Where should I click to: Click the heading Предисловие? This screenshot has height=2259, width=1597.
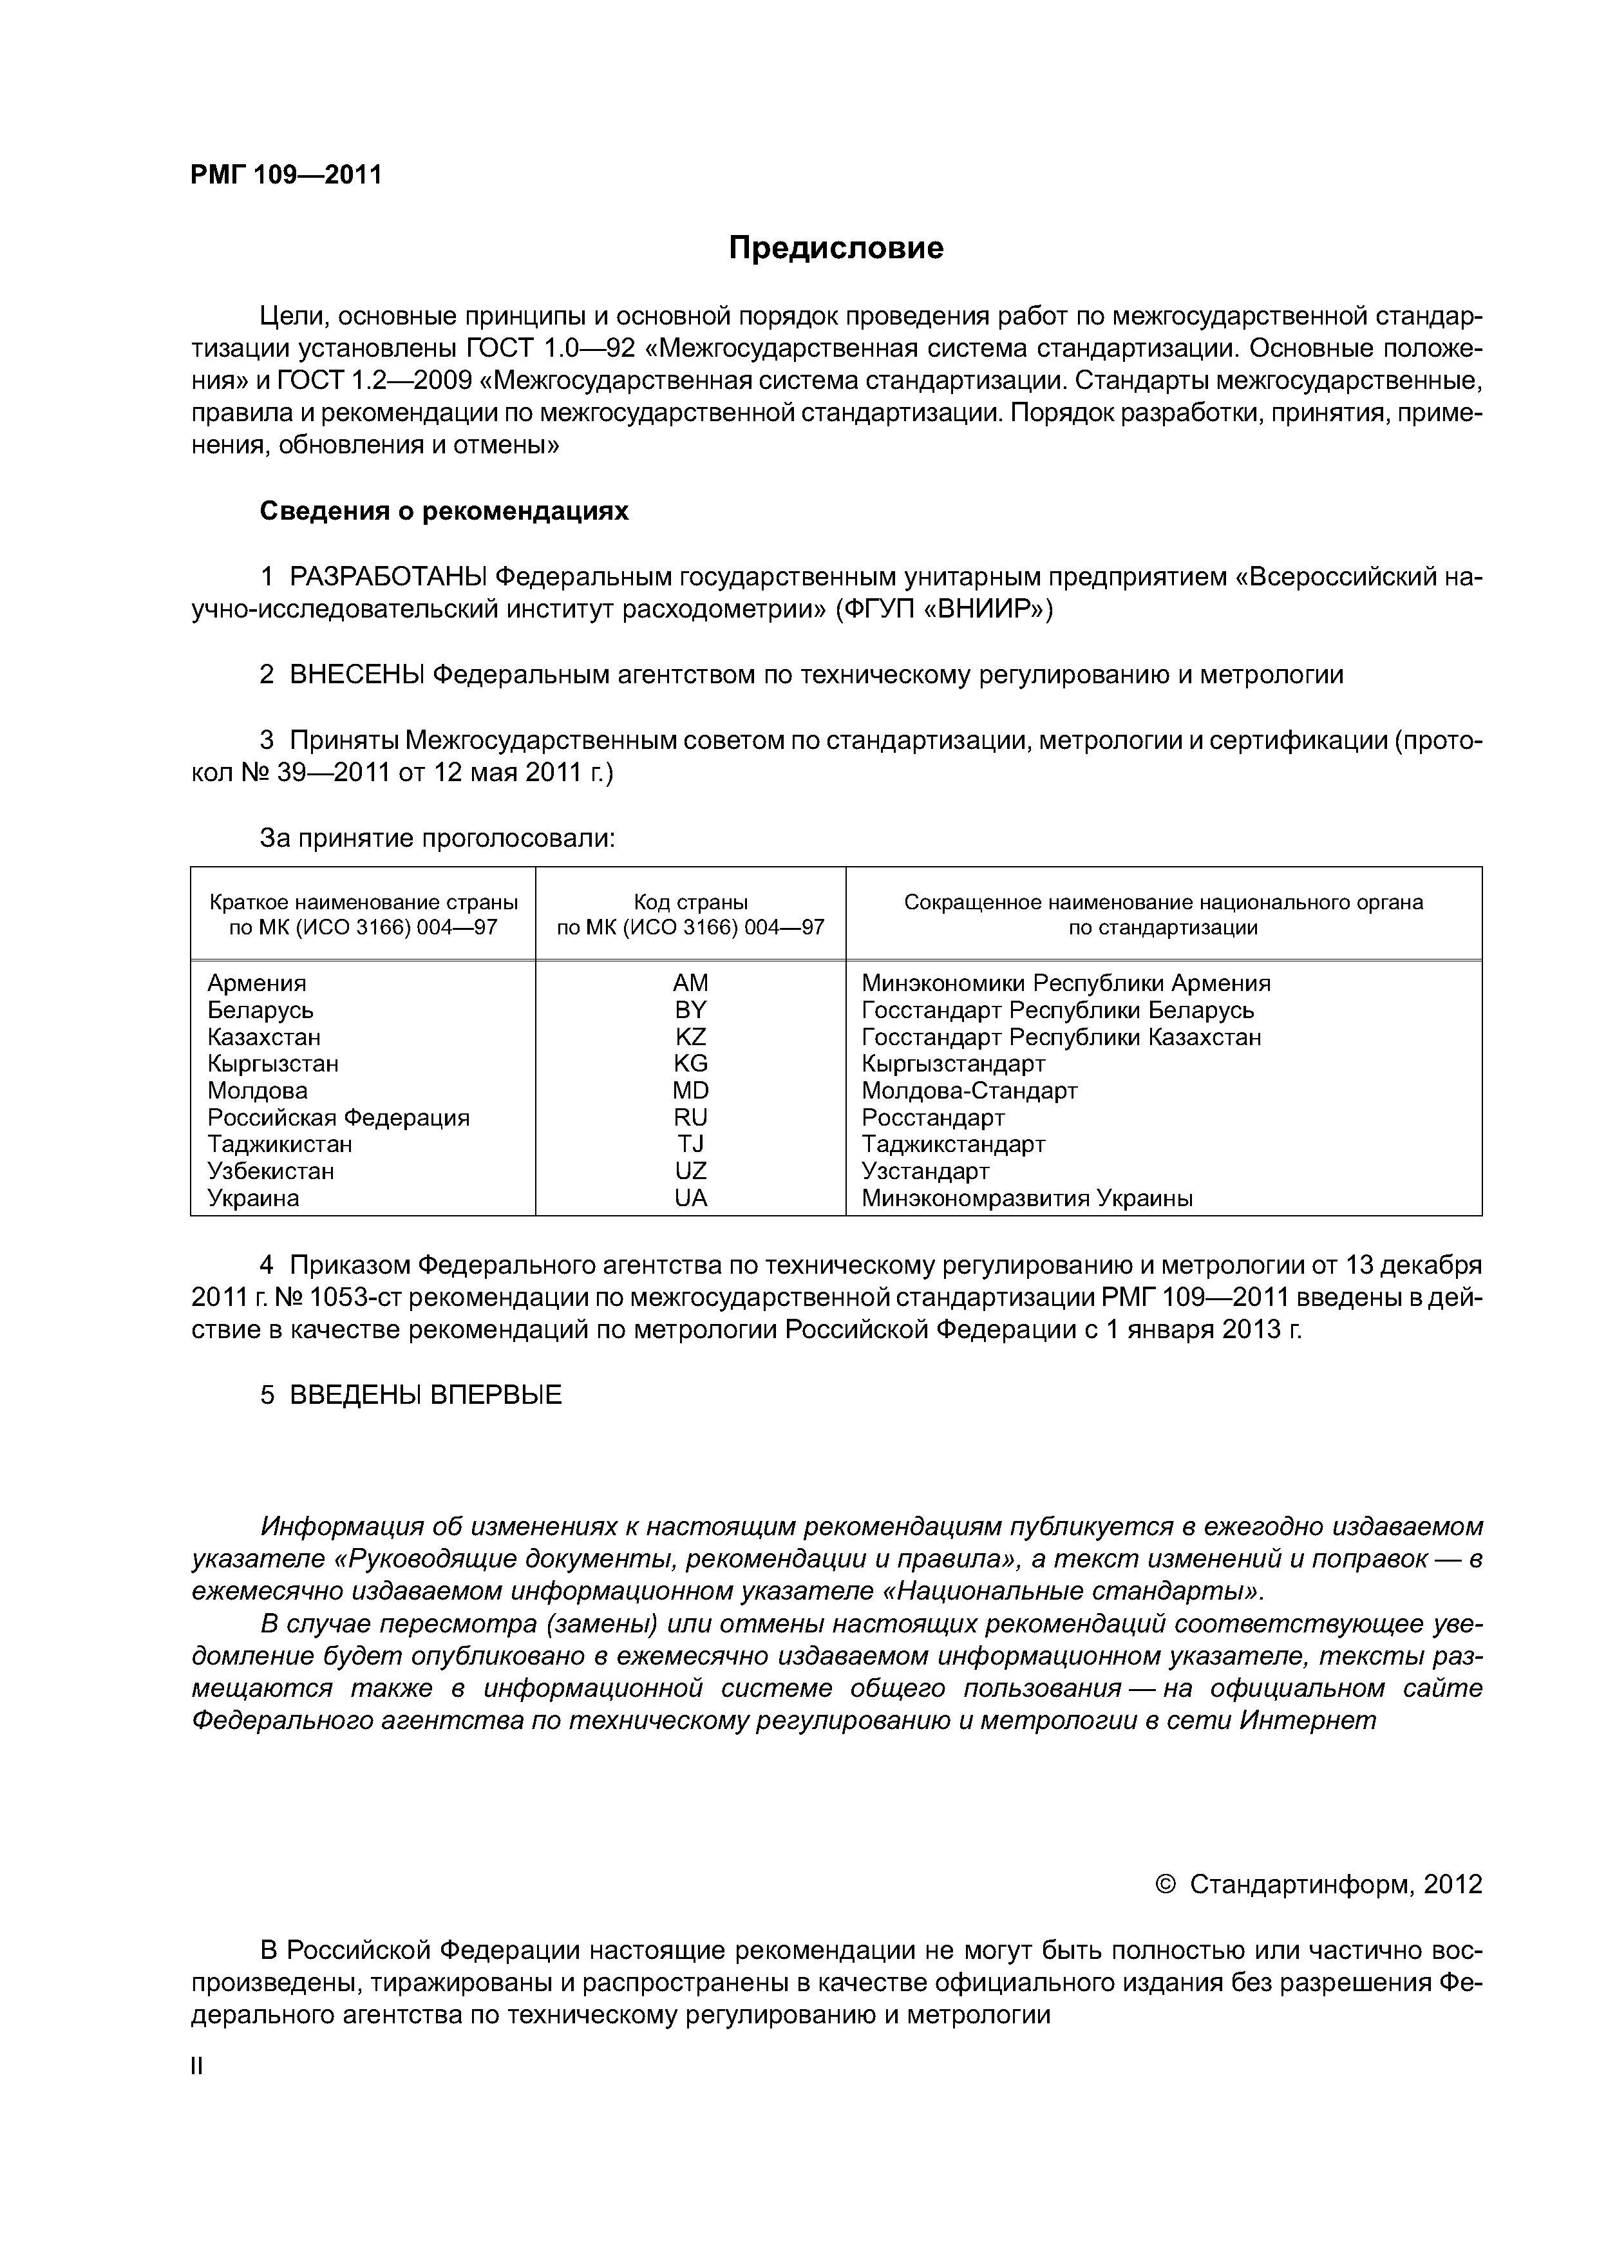pyautogui.click(x=835, y=248)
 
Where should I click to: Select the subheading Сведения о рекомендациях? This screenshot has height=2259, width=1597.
pyautogui.click(x=444, y=511)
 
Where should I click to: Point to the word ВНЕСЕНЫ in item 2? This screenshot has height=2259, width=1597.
pyautogui.click(x=357, y=675)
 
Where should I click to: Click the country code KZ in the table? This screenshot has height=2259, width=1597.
pyautogui.click(x=691, y=1037)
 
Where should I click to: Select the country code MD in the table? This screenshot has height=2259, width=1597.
pyautogui.click(x=691, y=1090)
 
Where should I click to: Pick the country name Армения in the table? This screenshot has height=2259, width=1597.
pyautogui.click(x=257, y=983)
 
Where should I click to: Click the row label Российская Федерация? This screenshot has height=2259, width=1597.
pyautogui.click(x=339, y=1118)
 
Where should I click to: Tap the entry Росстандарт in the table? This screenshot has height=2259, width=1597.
pyautogui.click(x=933, y=1118)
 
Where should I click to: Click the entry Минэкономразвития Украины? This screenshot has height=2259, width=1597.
pyautogui.click(x=1027, y=1198)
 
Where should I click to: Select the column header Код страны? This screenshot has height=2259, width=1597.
pyautogui.click(x=691, y=902)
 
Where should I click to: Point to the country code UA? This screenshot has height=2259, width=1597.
pyautogui.click(x=691, y=1198)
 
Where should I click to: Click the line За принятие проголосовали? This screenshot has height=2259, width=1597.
pyautogui.click(x=437, y=838)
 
